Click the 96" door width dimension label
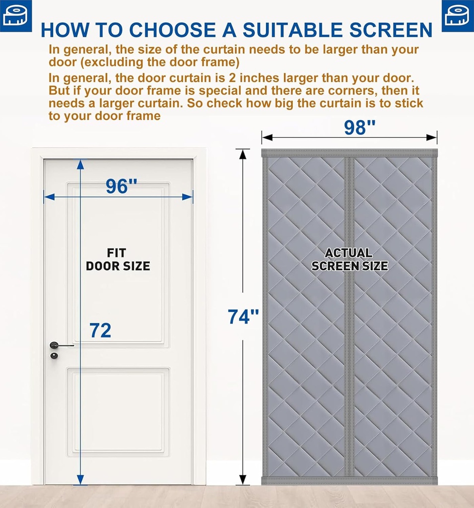tap(122, 186)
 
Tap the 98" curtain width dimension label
tap(360, 127)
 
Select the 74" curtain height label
tap(243, 317)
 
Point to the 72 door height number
tap(100, 330)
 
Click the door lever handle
tap(59, 345)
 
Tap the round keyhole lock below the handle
tap(54, 356)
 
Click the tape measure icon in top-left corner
tap(15, 15)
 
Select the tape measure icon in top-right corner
tap(458, 15)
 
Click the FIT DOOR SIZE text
tap(118, 260)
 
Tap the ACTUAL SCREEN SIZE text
tap(349, 259)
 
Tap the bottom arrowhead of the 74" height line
tap(243, 480)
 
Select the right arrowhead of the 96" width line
tap(188, 197)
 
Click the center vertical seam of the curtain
tap(349, 317)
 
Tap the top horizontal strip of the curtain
tap(349, 153)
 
